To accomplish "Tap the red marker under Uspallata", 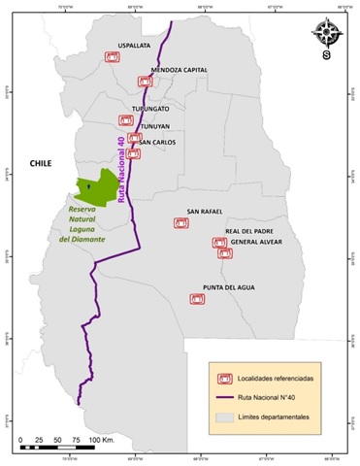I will pos(113,58).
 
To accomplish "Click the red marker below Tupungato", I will pos(125,120).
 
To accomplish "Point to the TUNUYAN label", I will pos(150,125).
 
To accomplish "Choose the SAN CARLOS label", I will pos(156,142).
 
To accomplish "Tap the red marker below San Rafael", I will pos(180,223).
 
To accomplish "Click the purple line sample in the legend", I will pos(224,396).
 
